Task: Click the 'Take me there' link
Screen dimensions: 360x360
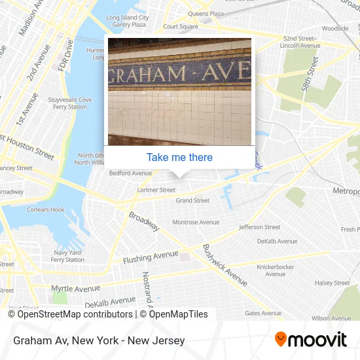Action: [x=179, y=157]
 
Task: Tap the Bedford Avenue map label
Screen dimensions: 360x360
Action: [x=130, y=173]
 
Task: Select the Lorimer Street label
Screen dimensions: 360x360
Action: [x=156, y=190]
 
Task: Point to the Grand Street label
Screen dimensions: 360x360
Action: [x=192, y=200]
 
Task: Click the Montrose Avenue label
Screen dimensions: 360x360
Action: [x=196, y=223]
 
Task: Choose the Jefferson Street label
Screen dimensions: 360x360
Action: [x=259, y=227]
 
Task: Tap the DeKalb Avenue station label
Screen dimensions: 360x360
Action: [x=277, y=241]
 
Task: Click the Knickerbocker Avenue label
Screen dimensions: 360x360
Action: [x=276, y=270]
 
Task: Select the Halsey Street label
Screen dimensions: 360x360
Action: [x=333, y=283]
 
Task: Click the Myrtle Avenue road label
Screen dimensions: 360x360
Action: [x=75, y=289]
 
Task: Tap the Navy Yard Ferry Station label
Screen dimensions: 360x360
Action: [x=67, y=256]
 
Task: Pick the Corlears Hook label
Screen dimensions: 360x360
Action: [x=45, y=210]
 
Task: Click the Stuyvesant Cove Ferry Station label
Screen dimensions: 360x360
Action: [x=69, y=103]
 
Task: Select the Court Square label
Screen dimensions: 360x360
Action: [x=181, y=27]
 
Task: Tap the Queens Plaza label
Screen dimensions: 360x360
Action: [x=206, y=13]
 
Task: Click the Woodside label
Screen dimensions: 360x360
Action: [x=334, y=28]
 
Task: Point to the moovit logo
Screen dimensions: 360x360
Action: [x=310, y=340]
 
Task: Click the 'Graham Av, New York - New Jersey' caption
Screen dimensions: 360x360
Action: [x=98, y=340]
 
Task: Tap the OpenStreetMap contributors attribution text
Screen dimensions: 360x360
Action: [x=70, y=314]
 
